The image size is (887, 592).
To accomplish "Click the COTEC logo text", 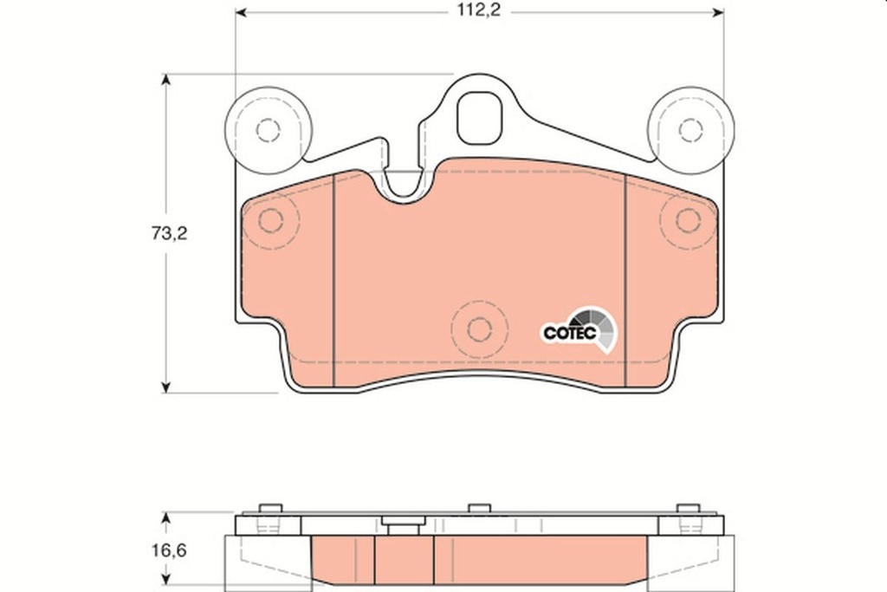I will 568,332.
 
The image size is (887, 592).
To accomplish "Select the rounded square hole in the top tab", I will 479,118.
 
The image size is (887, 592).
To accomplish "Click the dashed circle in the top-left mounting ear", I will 269,130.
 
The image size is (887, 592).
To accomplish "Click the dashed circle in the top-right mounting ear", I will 690,130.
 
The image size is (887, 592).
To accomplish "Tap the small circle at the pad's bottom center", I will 479,329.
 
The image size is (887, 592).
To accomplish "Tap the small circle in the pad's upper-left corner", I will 271,220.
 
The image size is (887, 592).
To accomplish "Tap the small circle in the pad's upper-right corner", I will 688,220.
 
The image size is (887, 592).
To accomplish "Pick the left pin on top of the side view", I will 270,509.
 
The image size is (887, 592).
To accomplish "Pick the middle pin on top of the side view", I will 479,509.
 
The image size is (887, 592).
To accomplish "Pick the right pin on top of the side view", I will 688,509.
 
